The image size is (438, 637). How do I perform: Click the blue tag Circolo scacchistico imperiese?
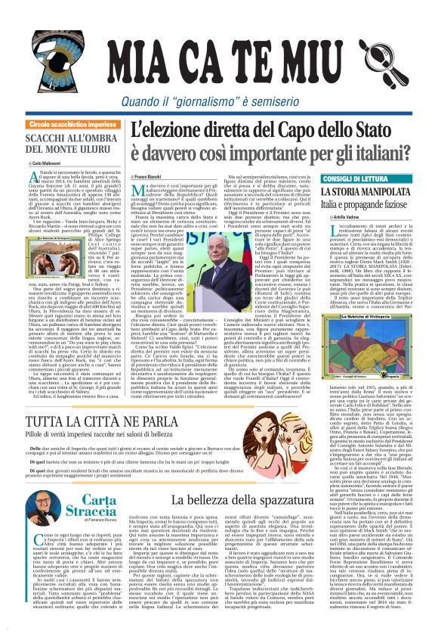coord(72,123)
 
